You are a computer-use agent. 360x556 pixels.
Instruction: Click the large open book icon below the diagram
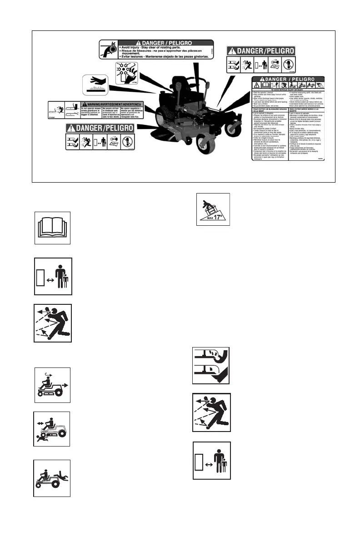pyautogui.click(x=53, y=228)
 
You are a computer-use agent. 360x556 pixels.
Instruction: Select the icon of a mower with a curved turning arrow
pyautogui.click(x=53, y=385)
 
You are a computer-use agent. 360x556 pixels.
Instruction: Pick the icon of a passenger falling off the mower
pyautogui.click(x=52, y=478)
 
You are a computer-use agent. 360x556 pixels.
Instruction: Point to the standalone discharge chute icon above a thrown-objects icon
pyautogui.click(x=211, y=366)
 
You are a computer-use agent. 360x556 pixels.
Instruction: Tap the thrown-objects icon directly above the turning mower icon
pyautogui.click(x=53, y=323)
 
